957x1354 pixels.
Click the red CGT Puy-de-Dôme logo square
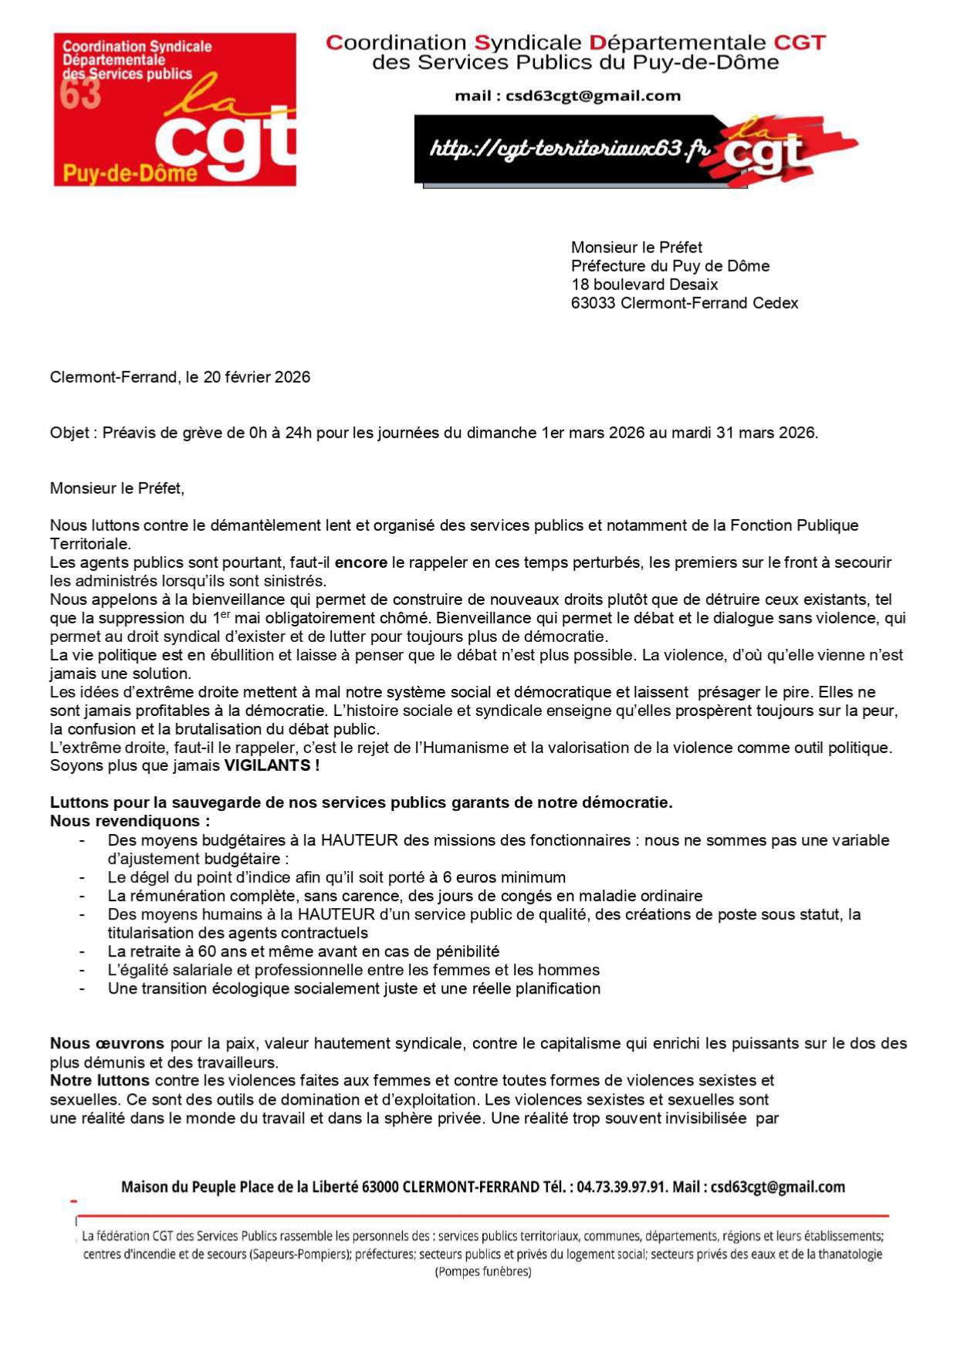click(174, 109)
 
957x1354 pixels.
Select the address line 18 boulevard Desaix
click(644, 285)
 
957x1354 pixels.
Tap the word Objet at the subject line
click(69, 433)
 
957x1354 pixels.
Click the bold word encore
click(360, 563)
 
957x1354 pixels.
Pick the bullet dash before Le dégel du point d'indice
click(82, 878)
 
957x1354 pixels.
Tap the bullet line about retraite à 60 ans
click(303, 952)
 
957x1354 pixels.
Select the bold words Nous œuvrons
click(107, 1044)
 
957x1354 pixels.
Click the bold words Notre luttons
click(100, 1081)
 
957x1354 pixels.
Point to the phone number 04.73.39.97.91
click(621, 1187)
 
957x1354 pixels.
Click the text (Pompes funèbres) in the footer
click(483, 1271)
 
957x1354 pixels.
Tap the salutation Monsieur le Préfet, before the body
click(117, 488)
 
